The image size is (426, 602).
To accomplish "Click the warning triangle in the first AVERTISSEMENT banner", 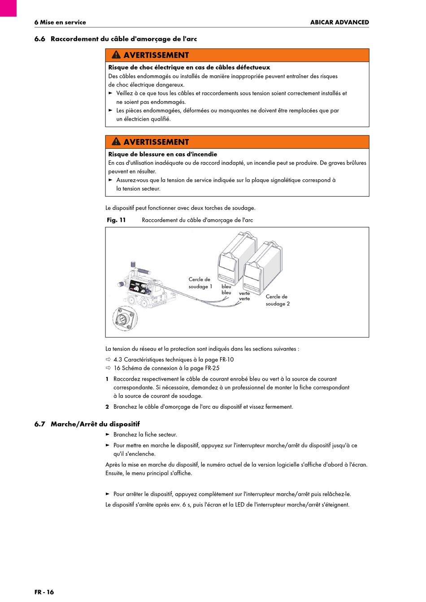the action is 116,55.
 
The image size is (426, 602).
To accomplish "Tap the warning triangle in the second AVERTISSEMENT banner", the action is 116,142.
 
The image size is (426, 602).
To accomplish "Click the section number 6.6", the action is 40,39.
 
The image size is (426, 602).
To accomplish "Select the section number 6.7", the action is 40,424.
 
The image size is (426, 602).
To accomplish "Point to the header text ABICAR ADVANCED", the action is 339,22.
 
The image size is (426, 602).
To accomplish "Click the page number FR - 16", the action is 44,592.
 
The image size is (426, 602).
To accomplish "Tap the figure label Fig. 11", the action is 116,220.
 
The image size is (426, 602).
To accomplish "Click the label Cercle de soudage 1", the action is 200,283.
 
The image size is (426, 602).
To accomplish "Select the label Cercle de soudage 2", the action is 278,300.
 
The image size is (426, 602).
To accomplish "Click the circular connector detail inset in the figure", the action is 125,318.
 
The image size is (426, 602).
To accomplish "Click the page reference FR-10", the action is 226,359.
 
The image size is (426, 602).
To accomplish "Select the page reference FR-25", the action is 213,368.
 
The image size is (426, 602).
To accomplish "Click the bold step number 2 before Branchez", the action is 107,407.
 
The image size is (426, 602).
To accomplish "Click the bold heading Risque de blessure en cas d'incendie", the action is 163,154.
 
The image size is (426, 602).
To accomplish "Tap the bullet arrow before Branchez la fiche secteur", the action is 108,434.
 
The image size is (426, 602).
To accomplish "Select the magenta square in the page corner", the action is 8,8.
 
